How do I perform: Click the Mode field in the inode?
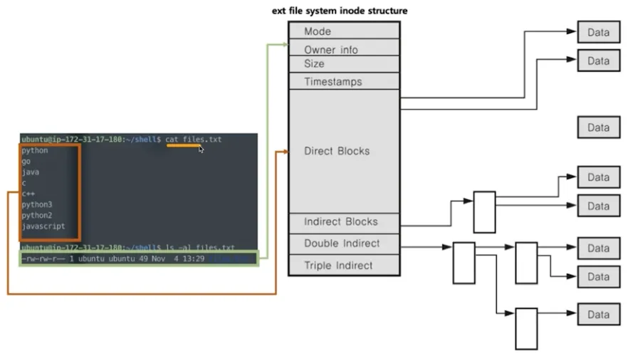pyautogui.click(x=343, y=31)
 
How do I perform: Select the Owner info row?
pyautogui.click(x=343, y=50)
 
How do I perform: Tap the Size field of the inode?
pyautogui.click(x=343, y=64)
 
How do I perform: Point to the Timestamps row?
pyautogui.click(x=343, y=82)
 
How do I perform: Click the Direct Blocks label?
pyautogui.click(x=337, y=151)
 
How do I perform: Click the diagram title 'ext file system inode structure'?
pyautogui.click(x=340, y=11)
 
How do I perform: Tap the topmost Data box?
pyautogui.click(x=598, y=32)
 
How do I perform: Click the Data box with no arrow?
pyautogui.click(x=598, y=128)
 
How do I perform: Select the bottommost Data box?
pyautogui.click(x=598, y=314)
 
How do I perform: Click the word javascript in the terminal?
pyautogui.click(x=43, y=226)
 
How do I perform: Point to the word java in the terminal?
pyautogui.click(x=30, y=172)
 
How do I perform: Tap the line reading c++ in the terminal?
pyautogui.click(x=28, y=194)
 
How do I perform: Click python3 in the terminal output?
pyautogui.click(x=36, y=204)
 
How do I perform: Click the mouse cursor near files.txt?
pyautogui.click(x=202, y=149)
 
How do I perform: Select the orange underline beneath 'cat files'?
pyautogui.click(x=184, y=145)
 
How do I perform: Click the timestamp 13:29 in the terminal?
pyautogui.click(x=193, y=258)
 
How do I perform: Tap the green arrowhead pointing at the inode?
pyautogui.click(x=283, y=44)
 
